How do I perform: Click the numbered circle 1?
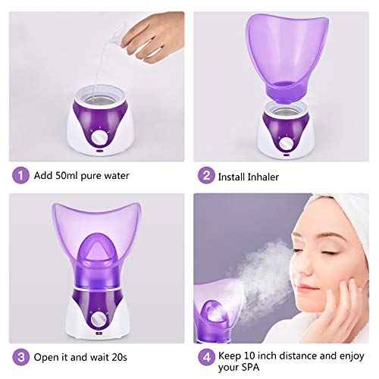pos(19,176)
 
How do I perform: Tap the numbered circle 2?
pos(206,176)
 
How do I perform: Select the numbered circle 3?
pos(19,356)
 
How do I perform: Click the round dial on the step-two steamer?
pos(290,143)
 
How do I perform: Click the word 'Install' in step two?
pos(229,176)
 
